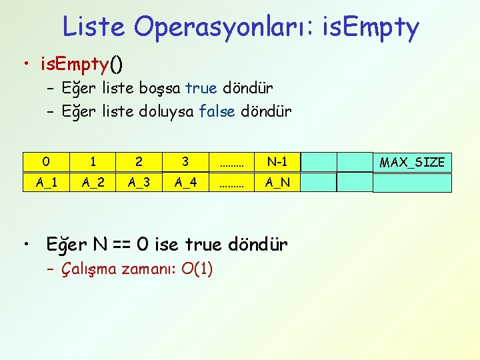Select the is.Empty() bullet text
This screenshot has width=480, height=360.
[x=82, y=65]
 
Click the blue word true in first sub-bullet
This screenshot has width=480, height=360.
[x=201, y=88]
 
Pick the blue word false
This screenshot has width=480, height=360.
[x=217, y=111]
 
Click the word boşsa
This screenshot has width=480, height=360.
[x=160, y=88]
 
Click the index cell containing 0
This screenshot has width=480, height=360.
[x=45, y=162]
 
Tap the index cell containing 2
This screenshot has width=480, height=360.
[x=139, y=162]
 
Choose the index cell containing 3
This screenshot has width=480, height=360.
[x=185, y=162]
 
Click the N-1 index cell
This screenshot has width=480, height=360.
[x=277, y=162]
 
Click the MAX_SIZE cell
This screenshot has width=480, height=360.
[x=412, y=162]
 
